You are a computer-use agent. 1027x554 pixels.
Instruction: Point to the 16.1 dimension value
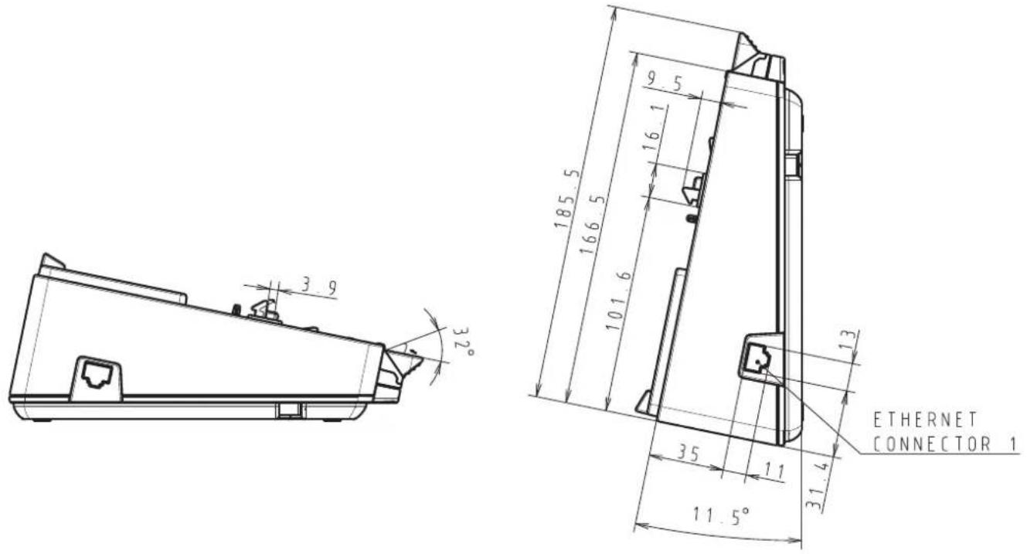coord(653,128)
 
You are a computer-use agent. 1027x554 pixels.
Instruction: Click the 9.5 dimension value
coord(665,82)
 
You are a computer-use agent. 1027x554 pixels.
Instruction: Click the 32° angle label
coord(464,342)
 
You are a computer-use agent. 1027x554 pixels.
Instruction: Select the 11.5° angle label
coord(721,515)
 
